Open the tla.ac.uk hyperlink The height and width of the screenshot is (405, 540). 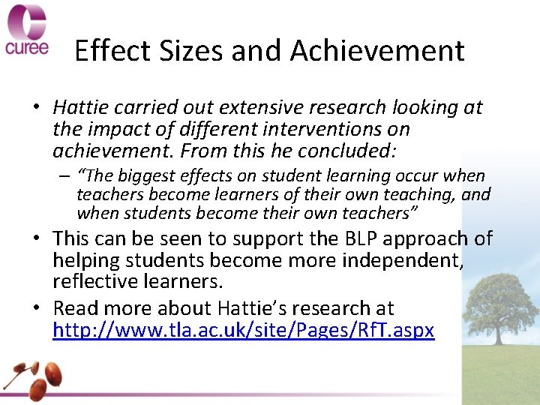(x=243, y=329)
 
